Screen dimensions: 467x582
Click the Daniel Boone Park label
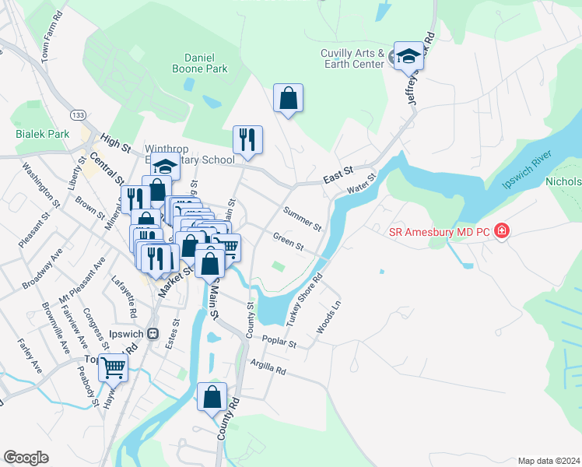[205, 63]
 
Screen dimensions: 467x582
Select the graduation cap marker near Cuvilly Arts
[408, 56]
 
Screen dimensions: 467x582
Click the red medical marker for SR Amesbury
[503, 230]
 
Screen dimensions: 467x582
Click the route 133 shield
[77, 114]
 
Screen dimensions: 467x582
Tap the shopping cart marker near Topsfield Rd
[114, 367]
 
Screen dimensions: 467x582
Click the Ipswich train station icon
[153, 333]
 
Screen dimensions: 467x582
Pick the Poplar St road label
[281, 342]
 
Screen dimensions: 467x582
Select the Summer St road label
[303, 219]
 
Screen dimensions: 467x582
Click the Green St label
[289, 242]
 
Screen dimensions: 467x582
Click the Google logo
[26, 458]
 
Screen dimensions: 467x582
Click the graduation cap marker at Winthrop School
[166, 167]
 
